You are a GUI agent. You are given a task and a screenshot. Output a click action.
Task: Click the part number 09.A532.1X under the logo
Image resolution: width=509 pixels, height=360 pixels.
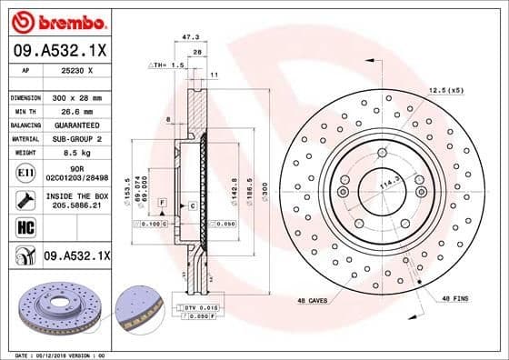pos(57,49)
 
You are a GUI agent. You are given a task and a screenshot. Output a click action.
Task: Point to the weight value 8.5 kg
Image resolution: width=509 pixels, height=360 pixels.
pos(76,153)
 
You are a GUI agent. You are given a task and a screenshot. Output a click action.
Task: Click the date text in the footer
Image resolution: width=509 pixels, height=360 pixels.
pos(55,355)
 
